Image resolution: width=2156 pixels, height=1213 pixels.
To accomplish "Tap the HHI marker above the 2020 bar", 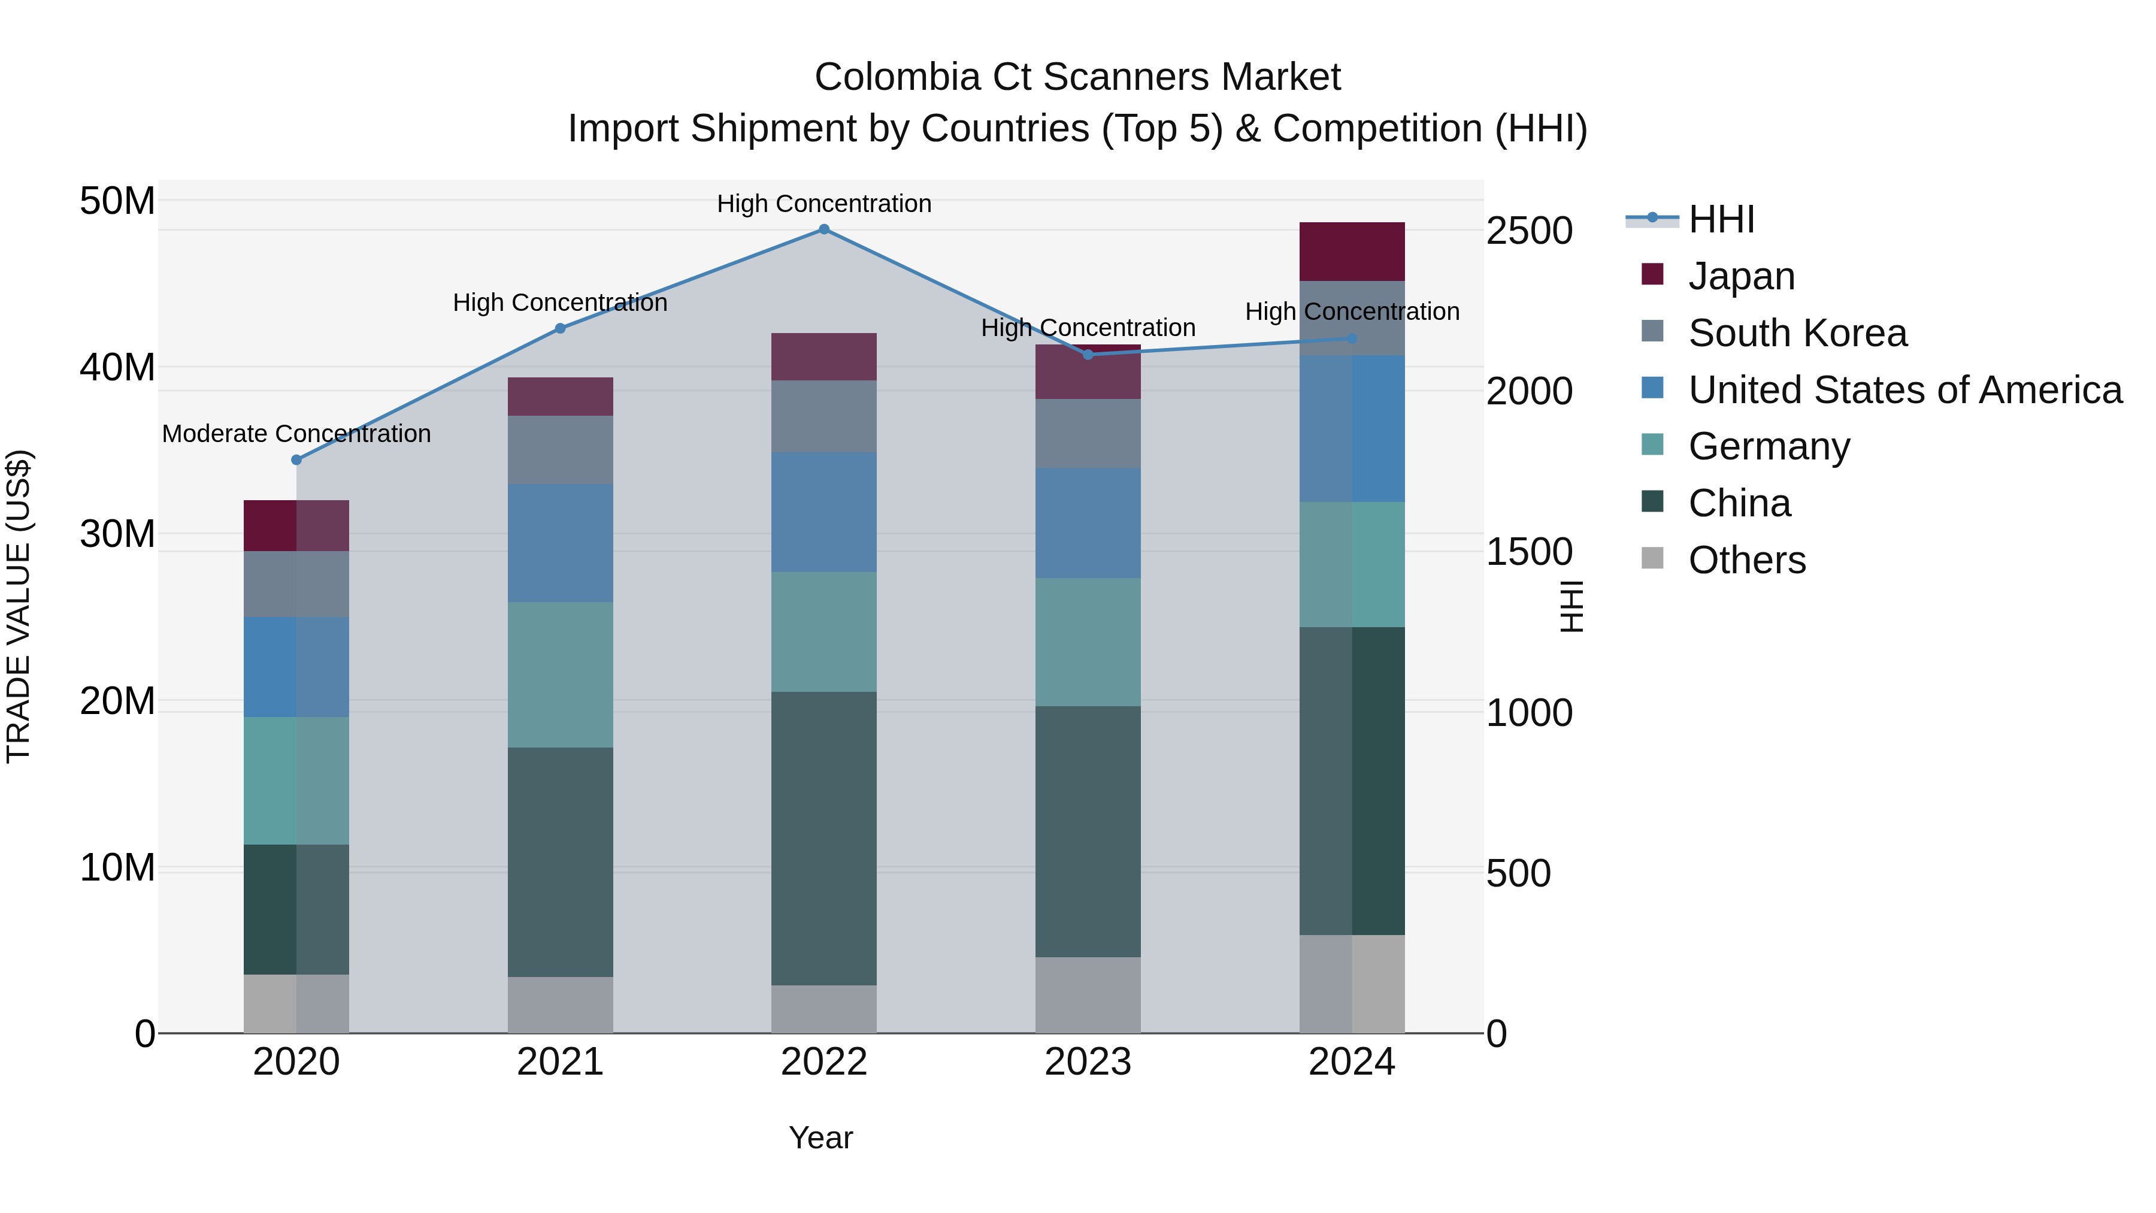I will [296, 459].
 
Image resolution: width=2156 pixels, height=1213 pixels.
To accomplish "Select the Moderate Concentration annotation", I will [296, 434].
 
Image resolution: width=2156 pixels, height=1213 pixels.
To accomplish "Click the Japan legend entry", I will [1741, 276].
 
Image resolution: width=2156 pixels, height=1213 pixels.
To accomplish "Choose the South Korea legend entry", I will [1797, 333].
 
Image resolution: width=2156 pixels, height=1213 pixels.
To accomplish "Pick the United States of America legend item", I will [1904, 390].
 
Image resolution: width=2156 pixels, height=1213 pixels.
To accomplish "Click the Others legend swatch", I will [1652, 558].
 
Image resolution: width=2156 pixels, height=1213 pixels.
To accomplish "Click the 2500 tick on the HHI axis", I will [1529, 231].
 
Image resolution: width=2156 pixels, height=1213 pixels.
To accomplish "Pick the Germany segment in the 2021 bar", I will [560, 674].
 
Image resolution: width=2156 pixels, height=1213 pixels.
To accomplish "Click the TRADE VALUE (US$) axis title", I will [19, 606].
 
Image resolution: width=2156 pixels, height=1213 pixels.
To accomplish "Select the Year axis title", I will [820, 1138].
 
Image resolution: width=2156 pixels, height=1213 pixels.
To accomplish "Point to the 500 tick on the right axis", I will [1518, 873].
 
